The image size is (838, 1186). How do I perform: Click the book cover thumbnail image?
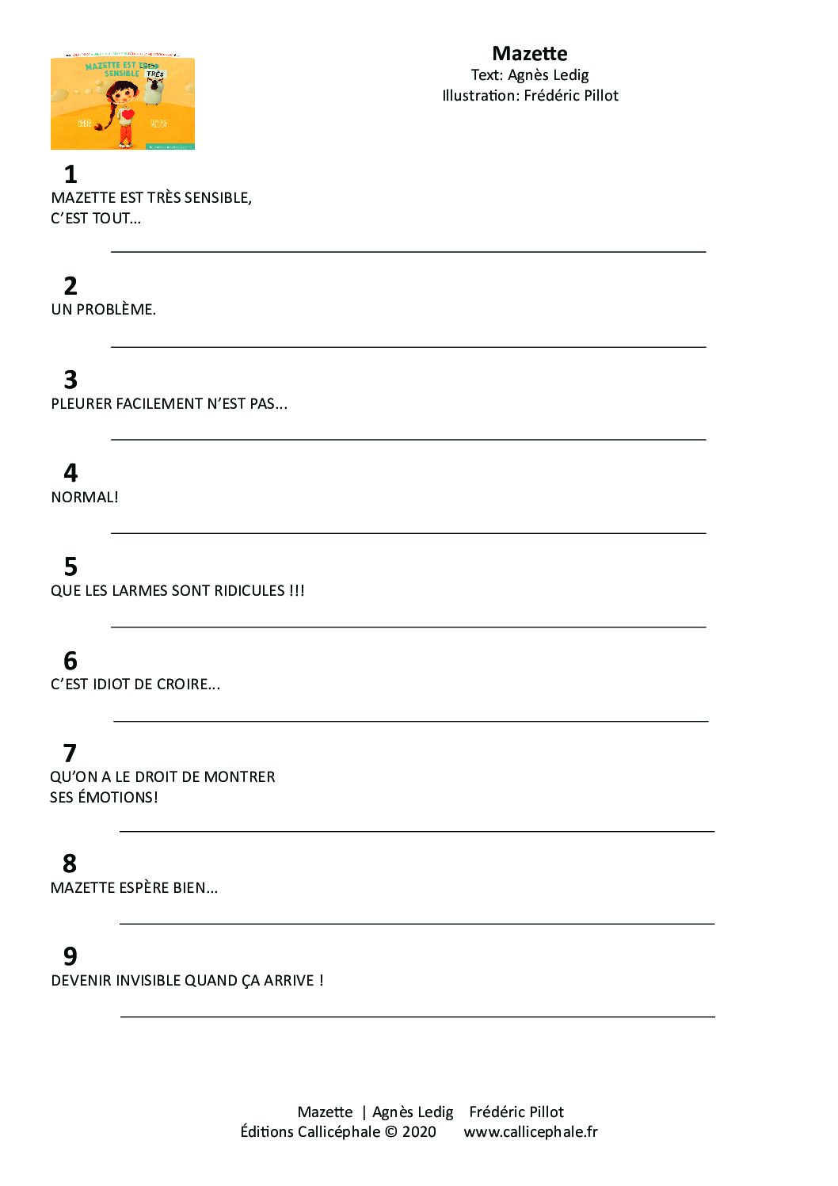123,103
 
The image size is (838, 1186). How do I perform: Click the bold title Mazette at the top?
529,54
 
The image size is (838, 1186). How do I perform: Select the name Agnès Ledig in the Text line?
548,75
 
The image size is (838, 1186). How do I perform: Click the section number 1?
70,174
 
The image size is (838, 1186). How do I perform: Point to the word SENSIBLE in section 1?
218,198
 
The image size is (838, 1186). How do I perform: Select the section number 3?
70,379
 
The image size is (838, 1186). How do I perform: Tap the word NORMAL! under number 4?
85,498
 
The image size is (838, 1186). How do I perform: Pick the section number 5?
70,566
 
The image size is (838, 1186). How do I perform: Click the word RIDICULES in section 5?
252,591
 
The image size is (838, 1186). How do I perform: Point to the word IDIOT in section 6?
111,685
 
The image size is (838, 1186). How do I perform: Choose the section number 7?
70,753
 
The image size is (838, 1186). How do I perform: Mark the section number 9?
70,956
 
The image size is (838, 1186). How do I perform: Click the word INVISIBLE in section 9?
148,981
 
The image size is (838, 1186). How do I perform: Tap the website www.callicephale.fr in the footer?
531,1132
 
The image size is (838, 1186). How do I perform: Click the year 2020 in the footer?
419,1132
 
